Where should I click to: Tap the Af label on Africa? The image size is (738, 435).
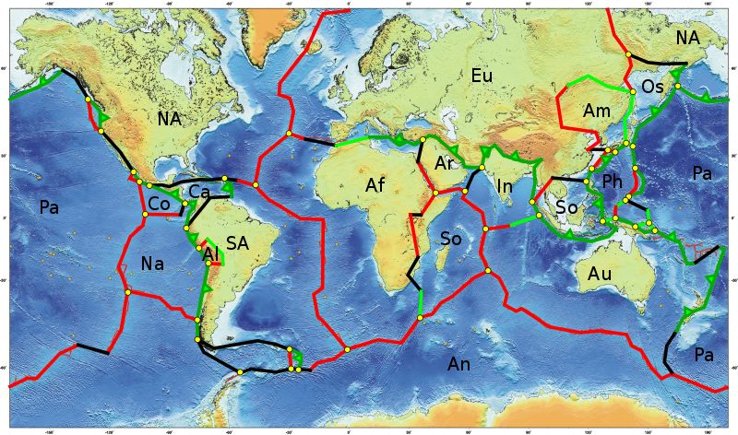[375, 185]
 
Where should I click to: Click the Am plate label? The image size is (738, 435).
[597, 111]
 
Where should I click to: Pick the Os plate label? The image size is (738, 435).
[653, 87]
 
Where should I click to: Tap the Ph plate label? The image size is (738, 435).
[613, 182]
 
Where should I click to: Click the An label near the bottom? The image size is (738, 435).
[459, 365]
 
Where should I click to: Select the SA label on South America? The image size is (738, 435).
[237, 243]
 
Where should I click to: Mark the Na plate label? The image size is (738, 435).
[153, 265]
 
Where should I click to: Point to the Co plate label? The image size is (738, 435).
[159, 203]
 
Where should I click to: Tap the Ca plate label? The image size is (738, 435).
[200, 192]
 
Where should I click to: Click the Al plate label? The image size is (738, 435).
[210, 253]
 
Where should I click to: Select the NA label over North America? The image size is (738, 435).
[170, 119]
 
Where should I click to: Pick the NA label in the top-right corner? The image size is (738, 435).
[687, 38]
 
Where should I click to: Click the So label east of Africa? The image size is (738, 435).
[451, 239]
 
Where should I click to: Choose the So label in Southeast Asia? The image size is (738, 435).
[567, 208]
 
